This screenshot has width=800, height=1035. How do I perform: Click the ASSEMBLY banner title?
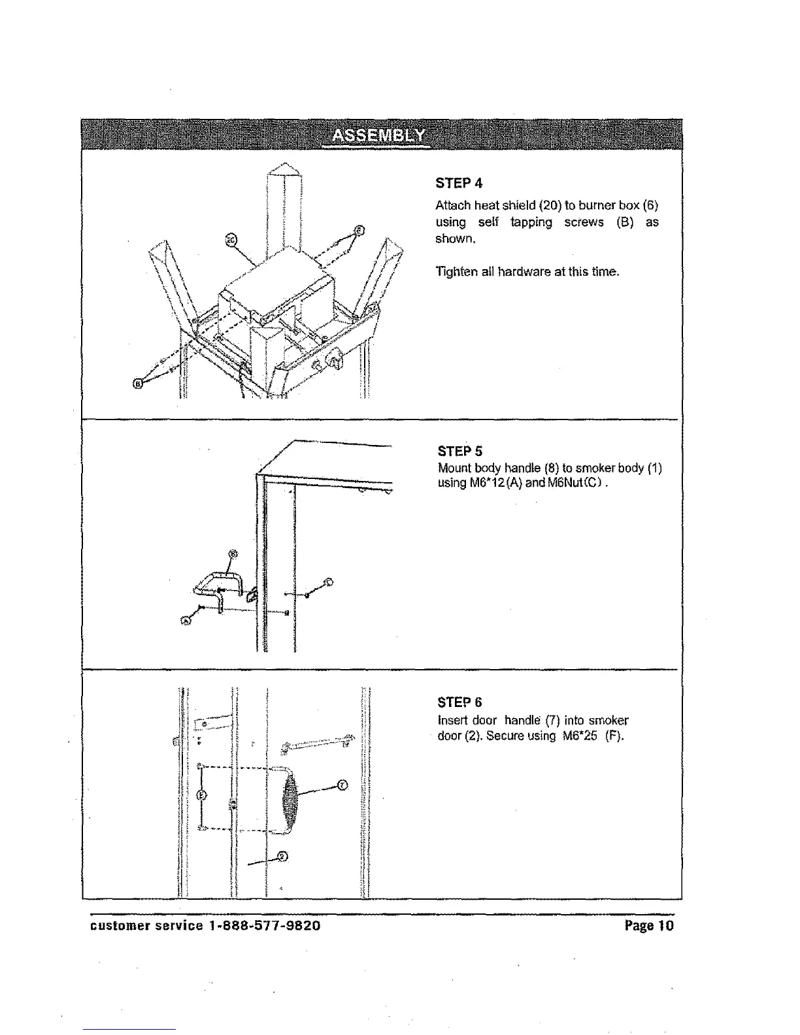378,136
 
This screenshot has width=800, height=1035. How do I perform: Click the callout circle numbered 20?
230,239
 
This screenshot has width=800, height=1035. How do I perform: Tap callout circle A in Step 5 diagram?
186,621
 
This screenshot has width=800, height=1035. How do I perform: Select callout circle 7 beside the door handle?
343,785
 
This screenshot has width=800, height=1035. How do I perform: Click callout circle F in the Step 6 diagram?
201,795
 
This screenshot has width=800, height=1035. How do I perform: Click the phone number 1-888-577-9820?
265,926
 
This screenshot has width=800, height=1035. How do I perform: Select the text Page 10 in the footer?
648,926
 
